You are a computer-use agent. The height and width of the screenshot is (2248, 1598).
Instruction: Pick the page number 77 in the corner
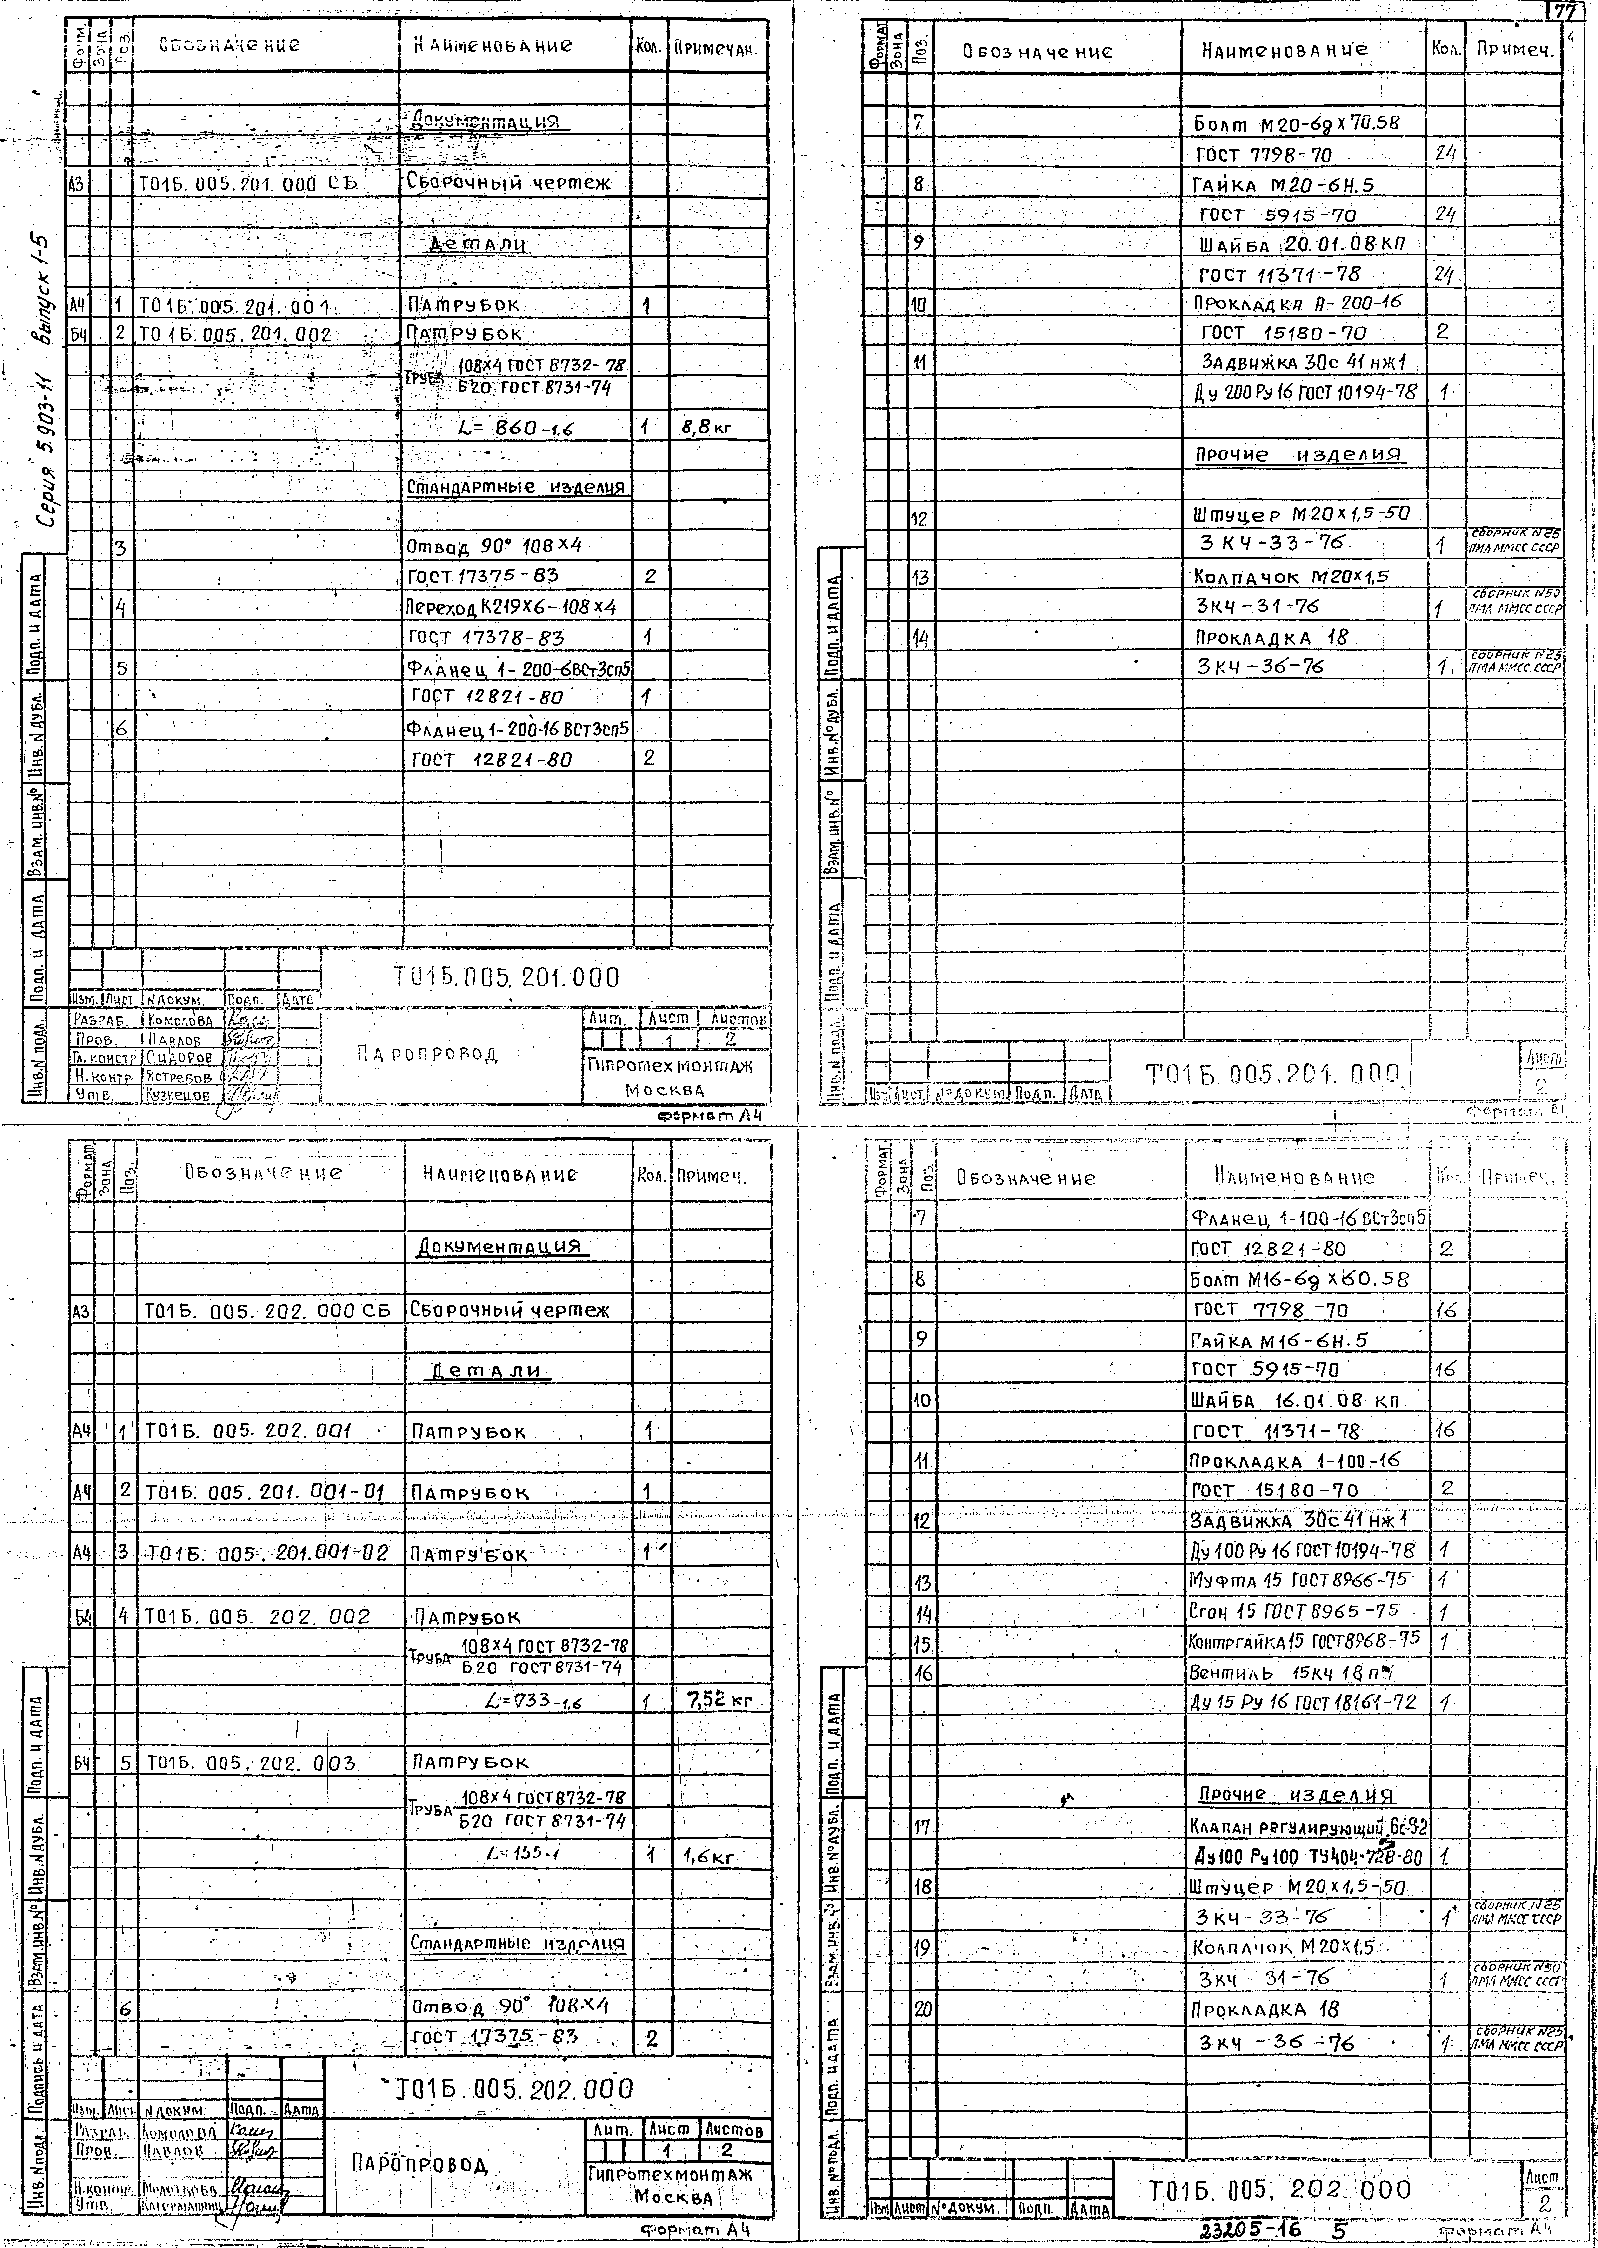pos(1563,12)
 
